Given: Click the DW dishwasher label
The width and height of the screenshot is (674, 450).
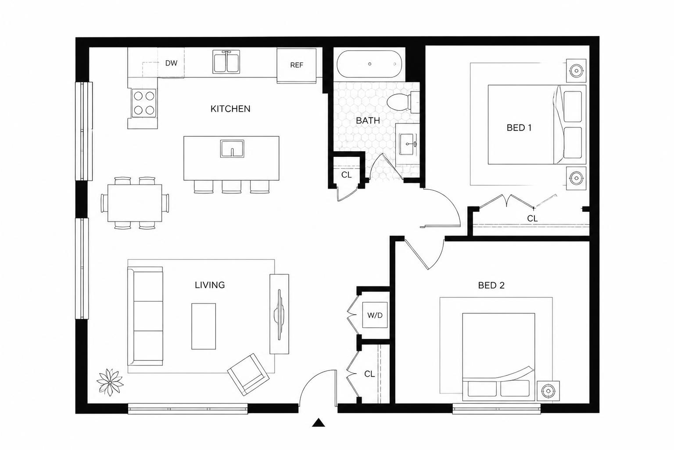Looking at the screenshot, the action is coord(171,63).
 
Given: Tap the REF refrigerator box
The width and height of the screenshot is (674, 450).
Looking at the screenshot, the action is coord(296,65).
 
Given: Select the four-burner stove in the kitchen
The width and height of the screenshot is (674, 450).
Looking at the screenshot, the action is coord(144,103).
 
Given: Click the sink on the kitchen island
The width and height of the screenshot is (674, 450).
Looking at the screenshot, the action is coord(232,149).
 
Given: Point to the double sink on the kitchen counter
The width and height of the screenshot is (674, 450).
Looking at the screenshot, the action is coord(226,62).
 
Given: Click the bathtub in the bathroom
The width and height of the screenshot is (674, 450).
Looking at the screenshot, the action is coord(369,64).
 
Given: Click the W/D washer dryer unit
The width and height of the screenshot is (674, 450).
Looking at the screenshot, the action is coord(375,315).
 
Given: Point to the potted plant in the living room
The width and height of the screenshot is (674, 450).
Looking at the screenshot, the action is coord(110,382).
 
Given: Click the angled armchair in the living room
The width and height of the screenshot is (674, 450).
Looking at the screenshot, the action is coord(248,374).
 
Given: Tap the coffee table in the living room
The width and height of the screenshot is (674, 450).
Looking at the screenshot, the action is coord(204,326).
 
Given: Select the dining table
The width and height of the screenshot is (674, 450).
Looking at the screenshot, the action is coord(135,203).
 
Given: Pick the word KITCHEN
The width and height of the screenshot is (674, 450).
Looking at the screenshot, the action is coord(230,109).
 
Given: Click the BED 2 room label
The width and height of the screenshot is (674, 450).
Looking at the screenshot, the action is coord(491,285).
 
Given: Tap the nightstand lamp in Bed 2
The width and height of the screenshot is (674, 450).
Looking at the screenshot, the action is coord(548,391).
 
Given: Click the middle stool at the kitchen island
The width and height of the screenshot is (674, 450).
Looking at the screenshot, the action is coord(232,187).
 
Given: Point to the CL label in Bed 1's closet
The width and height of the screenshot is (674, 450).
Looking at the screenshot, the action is coord(532,218).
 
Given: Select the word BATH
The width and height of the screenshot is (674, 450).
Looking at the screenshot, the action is coord(368,120).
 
